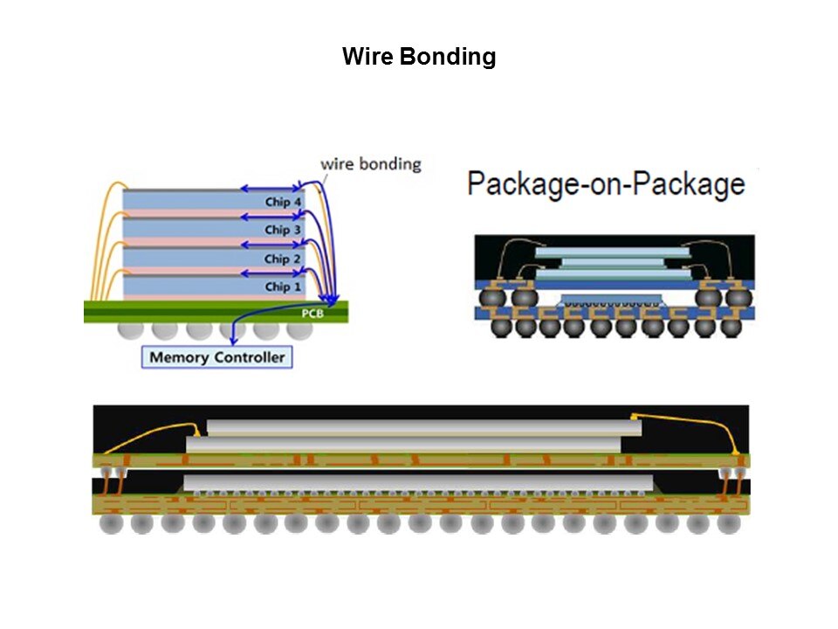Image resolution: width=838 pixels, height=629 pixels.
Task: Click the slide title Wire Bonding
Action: tap(419, 58)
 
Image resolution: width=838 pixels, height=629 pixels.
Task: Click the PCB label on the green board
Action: tap(312, 313)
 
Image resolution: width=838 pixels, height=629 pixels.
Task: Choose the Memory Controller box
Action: tap(216, 356)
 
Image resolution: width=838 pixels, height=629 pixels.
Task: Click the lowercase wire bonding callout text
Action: tap(371, 163)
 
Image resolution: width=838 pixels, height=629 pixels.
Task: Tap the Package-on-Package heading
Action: tap(606, 183)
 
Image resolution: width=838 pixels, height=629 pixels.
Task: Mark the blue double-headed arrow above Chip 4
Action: tap(271, 187)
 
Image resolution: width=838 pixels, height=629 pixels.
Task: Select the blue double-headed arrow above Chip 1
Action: tap(271, 272)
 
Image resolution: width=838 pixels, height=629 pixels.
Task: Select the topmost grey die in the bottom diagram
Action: tap(423, 427)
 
